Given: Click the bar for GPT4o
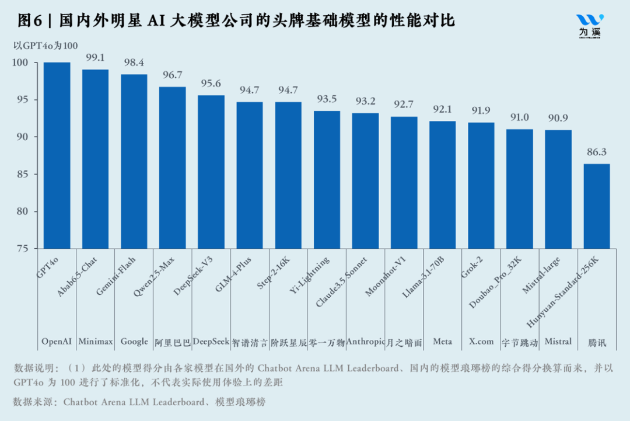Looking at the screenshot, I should tap(57, 155).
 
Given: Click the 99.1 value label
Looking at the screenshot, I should tap(95, 58).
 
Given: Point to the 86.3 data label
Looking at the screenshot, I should tap(597, 152).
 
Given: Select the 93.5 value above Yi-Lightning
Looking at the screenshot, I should tap(327, 99).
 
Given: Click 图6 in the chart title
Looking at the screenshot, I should tap(30, 21).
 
